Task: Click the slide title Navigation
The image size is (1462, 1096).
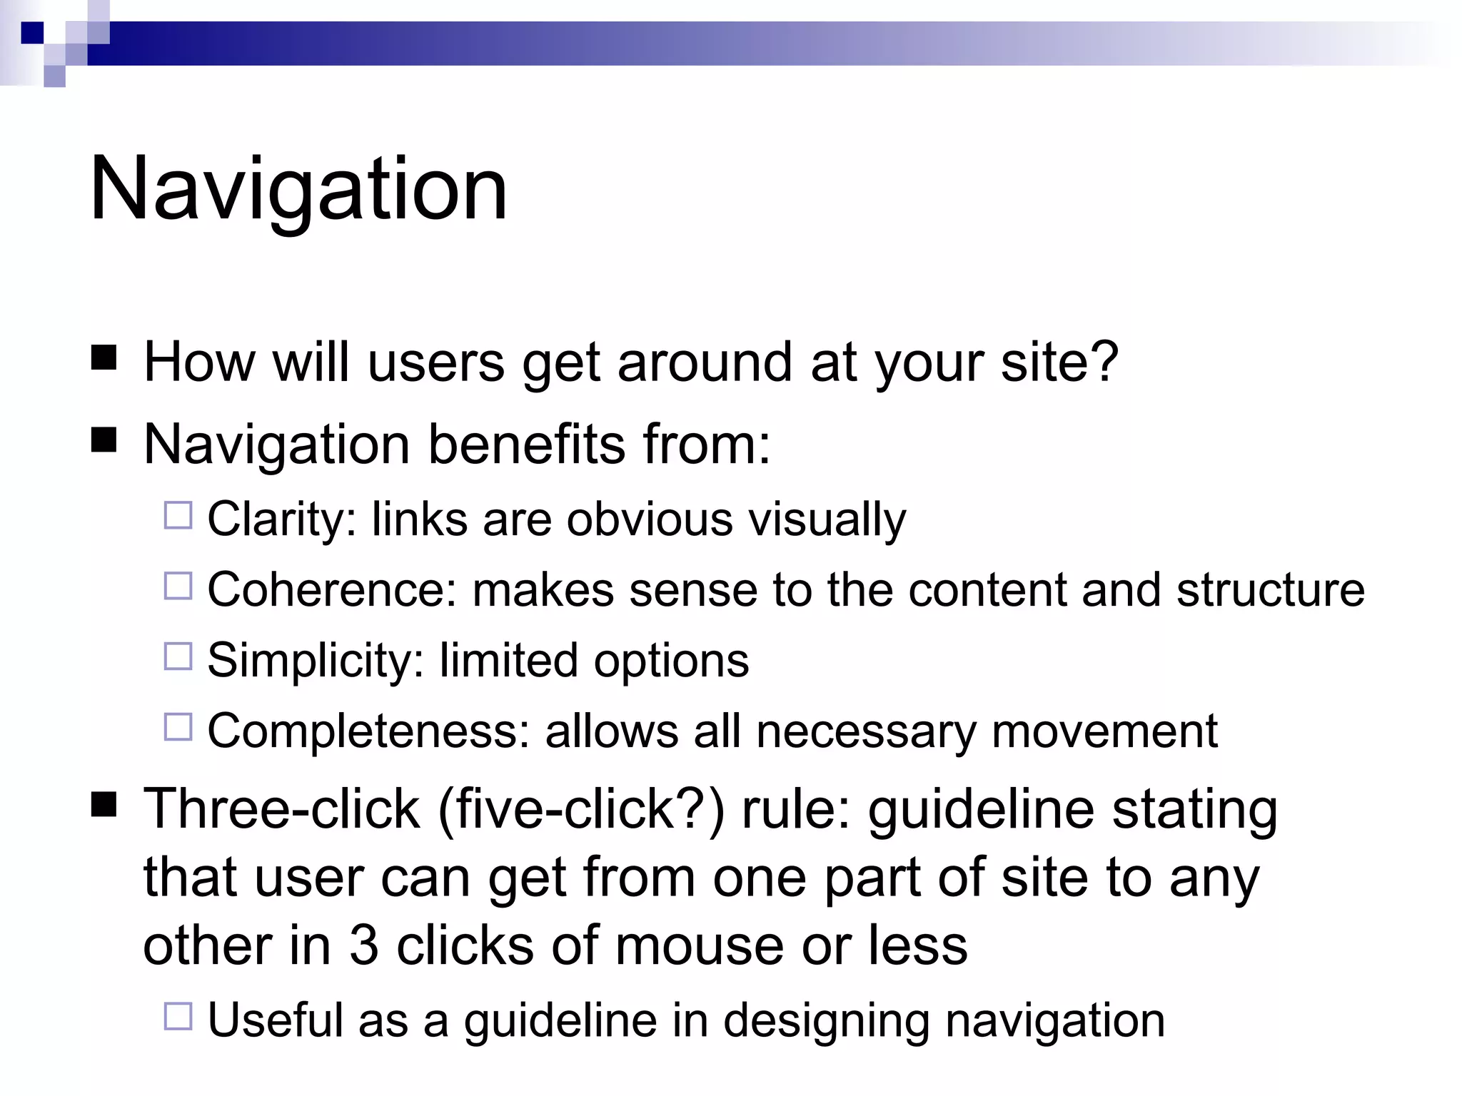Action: (x=298, y=190)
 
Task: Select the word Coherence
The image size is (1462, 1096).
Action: (x=331, y=590)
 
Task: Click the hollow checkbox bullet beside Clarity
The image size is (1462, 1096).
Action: (x=178, y=515)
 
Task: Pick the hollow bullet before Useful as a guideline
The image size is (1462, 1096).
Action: (x=178, y=1016)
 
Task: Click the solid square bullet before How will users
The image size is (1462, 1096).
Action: (x=104, y=358)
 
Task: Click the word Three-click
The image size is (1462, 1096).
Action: (x=281, y=810)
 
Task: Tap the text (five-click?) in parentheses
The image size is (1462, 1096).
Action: (x=581, y=810)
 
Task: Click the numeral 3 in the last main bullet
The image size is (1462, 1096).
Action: (x=363, y=946)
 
